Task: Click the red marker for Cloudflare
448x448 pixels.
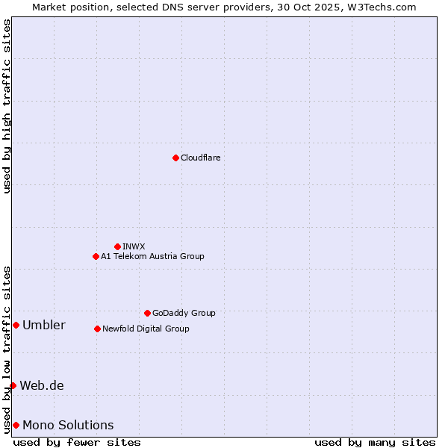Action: pyautogui.click(x=175, y=158)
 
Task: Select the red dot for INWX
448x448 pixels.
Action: pyautogui.click(x=117, y=246)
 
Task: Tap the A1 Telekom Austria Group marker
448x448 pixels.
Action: pyautogui.click(x=96, y=256)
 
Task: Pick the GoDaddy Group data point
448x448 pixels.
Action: pyautogui.click(x=147, y=313)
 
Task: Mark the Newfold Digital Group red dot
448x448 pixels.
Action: pyautogui.click(x=97, y=329)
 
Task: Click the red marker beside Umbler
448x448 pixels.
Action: pyautogui.click(x=16, y=325)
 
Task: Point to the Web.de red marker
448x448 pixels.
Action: pyautogui.click(x=13, y=385)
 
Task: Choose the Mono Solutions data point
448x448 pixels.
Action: pyautogui.click(x=16, y=425)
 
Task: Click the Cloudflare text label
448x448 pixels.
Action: pyautogui.click(x=200, y=158)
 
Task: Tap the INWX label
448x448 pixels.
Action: pyautogui.click(x=134, y=246)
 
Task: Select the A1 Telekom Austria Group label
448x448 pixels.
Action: pyautogui.click(x=152, y=256)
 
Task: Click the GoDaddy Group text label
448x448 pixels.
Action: pyautogui.click(x=184, y=313)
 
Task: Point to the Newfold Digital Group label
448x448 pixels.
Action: pyautogui.click(x=146, y=329)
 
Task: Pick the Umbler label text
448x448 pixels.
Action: pyautogui.click(x=43, y=325)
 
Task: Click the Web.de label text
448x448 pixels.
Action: pyautogui.click(x=41, y=385)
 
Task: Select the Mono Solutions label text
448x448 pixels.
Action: pyautogui.click(x=68, y=425)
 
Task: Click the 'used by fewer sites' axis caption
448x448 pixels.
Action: pyautogui.click(x=77, y=442)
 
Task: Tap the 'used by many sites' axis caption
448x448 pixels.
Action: pyautogui.click(x=375, y=442)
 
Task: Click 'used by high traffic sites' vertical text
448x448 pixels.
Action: pyautogui.click(x=7, y=106)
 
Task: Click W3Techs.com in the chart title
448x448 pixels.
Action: pyautogui.click(x=379, y=7)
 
